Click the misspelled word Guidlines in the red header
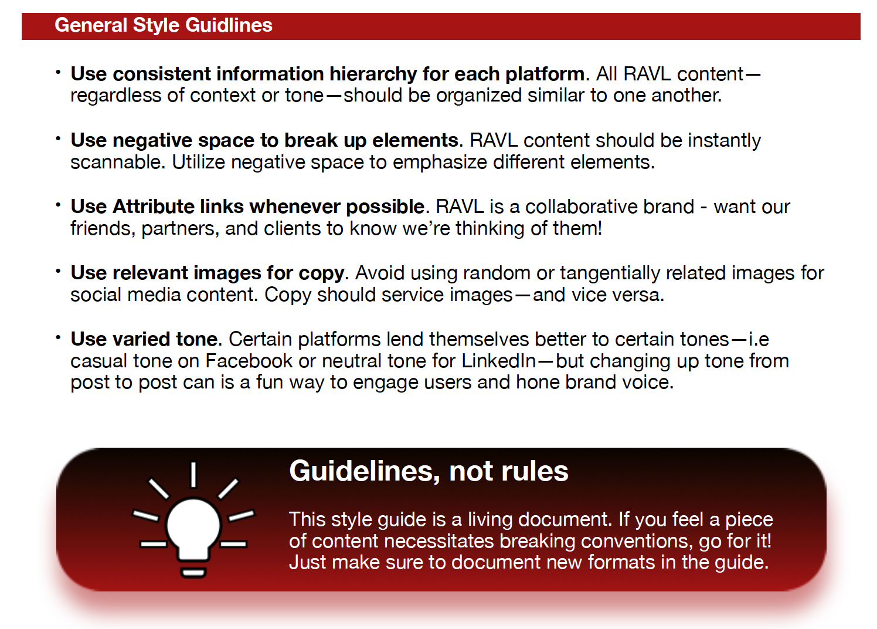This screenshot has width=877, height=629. [x=229, y=25]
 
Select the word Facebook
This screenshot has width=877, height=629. [x=249, y=360]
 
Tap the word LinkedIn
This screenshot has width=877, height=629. [x=498, y=360]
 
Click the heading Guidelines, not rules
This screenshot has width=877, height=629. [x=429, y=471]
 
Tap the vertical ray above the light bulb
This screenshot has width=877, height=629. [x=193, y=475]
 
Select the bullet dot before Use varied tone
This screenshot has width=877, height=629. [x=59, y=337]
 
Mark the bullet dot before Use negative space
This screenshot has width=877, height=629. [x=59, y=138]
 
